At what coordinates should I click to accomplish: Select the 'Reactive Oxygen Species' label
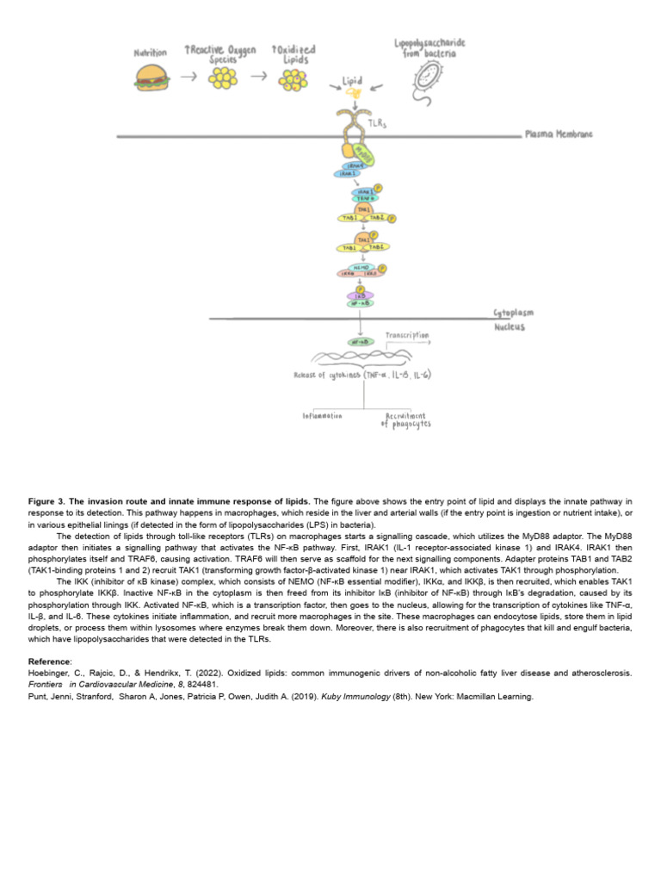[220, 54]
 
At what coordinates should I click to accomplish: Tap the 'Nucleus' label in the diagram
[510, 327]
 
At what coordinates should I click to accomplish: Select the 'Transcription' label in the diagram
[407, 334]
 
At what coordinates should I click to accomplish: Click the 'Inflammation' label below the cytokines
[322, 415]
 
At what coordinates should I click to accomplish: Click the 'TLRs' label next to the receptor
[377, 123]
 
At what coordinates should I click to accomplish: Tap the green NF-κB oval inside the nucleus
[359, 341]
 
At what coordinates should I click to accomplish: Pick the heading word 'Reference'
[47, 661]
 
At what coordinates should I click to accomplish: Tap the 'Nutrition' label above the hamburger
[150, 53]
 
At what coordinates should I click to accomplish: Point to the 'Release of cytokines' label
[325, 375]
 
